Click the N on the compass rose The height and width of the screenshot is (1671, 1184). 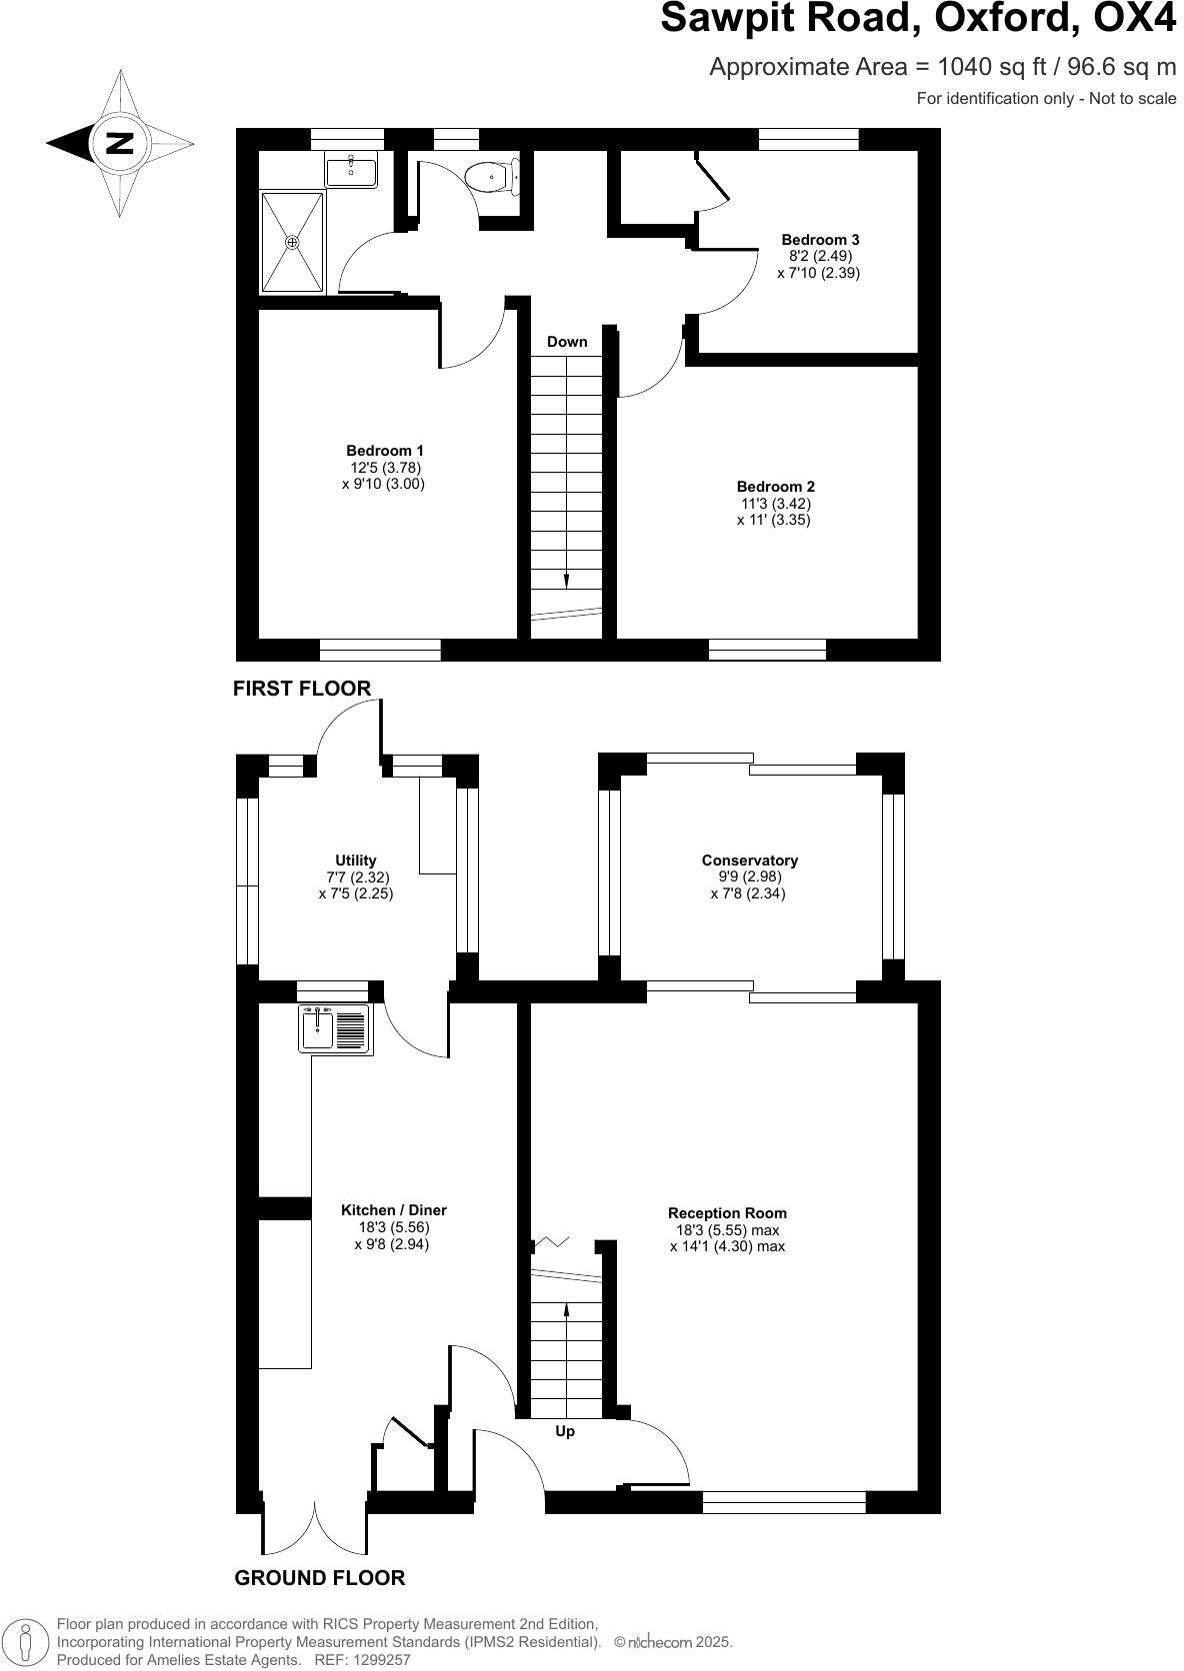click(120, 143)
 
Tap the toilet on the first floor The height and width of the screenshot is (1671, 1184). click(492, 178)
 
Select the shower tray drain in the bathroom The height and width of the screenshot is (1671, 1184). click(292, 242)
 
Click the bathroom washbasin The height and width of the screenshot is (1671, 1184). click(351, 171)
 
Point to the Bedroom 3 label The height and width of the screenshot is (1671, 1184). click(820, 240)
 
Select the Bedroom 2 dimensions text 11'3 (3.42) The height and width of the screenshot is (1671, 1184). click(774, 504)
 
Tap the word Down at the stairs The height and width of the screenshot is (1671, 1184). click(567, 342)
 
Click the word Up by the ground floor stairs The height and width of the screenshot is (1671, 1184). click(565, 1431)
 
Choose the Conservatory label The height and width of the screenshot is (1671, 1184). click(749, 860)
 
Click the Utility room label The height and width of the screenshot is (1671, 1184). click(356, 860)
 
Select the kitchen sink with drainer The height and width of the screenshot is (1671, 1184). click(335, 1028)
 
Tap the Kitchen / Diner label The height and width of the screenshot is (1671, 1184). click(393, 1210)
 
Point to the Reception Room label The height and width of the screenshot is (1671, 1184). click(728, 1213)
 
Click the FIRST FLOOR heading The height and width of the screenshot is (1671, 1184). click(302, 688)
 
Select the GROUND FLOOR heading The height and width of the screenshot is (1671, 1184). click(319, 1578)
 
